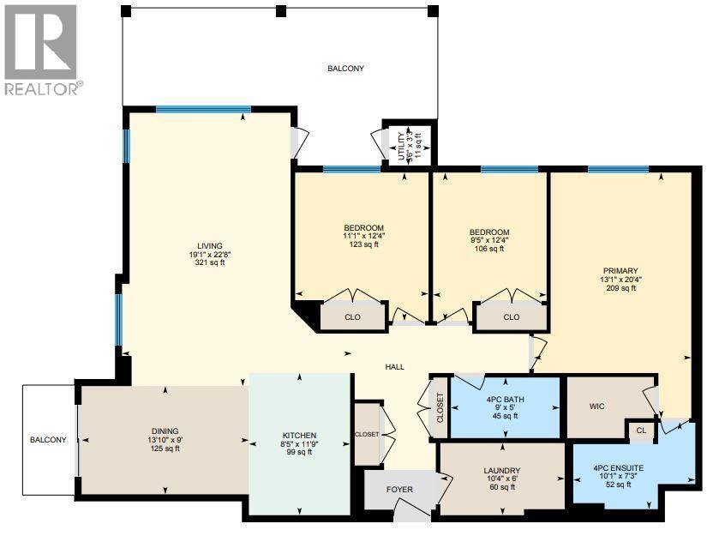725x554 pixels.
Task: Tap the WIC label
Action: (x=597, y=406)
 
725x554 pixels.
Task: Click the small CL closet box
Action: (x=639, y=430)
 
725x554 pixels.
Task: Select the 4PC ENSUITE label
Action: (x=617, y=467)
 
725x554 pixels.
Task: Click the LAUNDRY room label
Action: (x=502, y=470)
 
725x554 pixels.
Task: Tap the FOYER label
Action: (x=399, y=490)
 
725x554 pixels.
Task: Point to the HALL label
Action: (x=394, y=367)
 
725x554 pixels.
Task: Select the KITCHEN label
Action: (x=300, y=435)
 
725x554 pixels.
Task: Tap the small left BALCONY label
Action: (x=48, y=440)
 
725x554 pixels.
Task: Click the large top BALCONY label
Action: (x=345, y=69)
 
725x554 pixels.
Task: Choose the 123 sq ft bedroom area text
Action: (x=364, y=244)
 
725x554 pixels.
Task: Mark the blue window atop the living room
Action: (x=203, y=109)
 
